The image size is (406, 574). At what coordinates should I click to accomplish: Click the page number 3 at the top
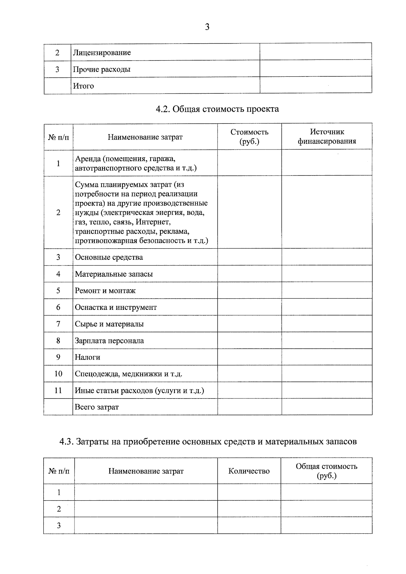pyautogui.click(x=207, y=27)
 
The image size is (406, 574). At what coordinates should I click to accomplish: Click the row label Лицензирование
pyautogui.click(x=102, y=53)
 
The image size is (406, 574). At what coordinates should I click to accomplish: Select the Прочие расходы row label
pyautogui.click(x=102, y=69)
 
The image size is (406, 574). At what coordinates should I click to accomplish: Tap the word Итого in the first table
pyautogui.click(x=84, y=86)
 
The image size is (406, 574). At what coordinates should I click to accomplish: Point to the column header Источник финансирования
pyautogui.click(x=327, y=137)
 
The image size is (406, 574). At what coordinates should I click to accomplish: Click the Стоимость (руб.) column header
pyautogui.click(x=249, y=137)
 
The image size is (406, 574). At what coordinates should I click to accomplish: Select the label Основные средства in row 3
pyautogui.click(x=109, y=257)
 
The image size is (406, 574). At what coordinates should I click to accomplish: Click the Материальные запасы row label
pyautogui.click(x=114, y=274)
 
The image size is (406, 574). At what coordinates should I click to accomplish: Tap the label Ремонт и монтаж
pyautogui.click(x=105, y=291)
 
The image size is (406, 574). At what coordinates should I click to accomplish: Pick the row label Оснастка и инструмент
pyautogui.click(x=116, y=307)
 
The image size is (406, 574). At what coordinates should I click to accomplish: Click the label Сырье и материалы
pyautogui.click(x=109, y=324)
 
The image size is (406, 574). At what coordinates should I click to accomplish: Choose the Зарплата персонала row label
pyautogui.click(x=109, y=341)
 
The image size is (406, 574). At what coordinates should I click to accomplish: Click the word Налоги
pyautogui.click(x=87, y=357)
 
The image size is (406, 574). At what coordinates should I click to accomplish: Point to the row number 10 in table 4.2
pyautogui.click(x=58, y=374)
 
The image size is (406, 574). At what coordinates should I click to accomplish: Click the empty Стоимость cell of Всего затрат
pyautogui.click(x=249, y=407)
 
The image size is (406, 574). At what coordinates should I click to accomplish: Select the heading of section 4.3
pyautogui.click(x=208, y=442)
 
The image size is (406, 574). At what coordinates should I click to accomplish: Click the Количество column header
pyautogui.click(x=249, y=471)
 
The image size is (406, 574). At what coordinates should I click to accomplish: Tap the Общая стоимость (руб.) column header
pyautogui.click(x=326, y=471)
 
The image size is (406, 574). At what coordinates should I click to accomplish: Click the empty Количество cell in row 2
pyautogui.click(x=249, y=509)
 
